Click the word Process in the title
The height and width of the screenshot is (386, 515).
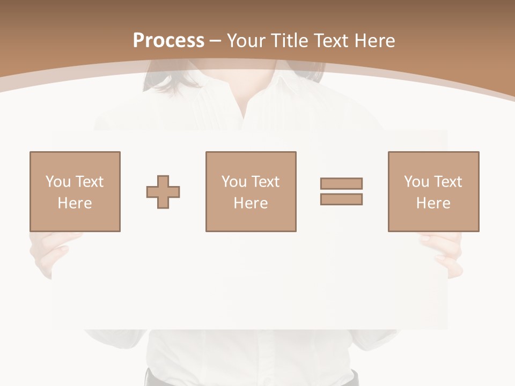[x=168, y=41]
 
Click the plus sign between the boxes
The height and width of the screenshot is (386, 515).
[x=163, y=192]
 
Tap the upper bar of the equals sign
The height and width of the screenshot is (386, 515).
[x=341, y=183]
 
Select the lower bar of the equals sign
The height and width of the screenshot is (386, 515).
[x=341, y=199]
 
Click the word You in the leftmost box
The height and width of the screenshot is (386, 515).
[x=58, y=182]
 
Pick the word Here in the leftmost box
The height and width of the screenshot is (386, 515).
[x=75, y=203]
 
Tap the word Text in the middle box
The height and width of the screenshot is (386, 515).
[x=265, y=182]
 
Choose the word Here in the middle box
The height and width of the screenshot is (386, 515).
[x=251, y=203]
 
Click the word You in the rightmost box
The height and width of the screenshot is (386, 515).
[x=416, y=182]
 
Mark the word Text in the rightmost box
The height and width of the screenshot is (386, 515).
[x=447, y=182]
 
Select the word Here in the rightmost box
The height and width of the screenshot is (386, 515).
[x=433, y=203]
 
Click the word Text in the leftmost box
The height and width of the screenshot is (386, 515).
[x=89, y=182]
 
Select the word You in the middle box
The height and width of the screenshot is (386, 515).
[x=234, y=182]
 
